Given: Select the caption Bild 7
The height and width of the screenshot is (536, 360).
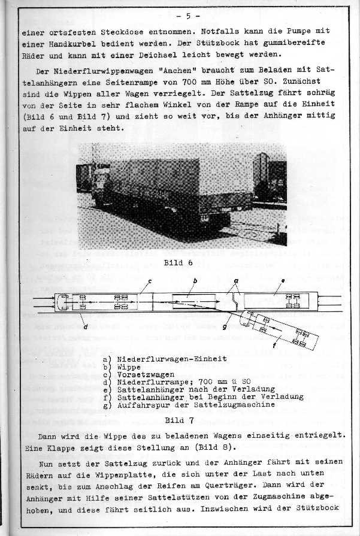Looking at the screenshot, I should tap(179, 420).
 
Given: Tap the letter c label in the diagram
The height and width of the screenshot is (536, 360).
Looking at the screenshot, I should tap(150, 280).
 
